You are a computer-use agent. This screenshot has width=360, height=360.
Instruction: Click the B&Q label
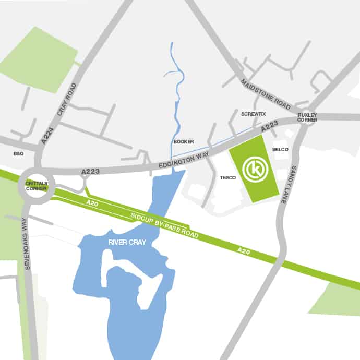coord(18,154)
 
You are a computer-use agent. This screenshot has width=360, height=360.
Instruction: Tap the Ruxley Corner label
coord(307,117)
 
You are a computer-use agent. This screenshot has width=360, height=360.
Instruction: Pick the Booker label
coord(183,142)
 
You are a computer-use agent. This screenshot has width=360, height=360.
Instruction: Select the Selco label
coord(280,150)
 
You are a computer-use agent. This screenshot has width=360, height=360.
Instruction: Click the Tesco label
coord(228,178)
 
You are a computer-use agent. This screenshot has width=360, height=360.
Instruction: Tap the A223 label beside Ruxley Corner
coord(270,125)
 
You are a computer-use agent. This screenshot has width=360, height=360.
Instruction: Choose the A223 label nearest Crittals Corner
coord(90,171)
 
